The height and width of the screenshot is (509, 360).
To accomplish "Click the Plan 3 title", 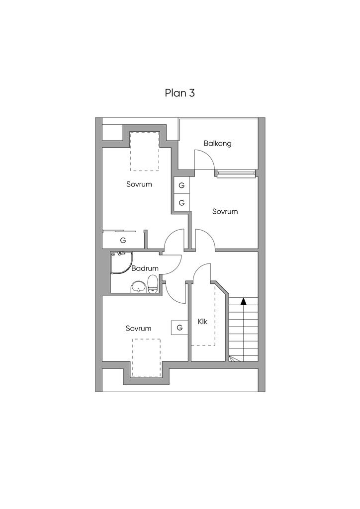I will (180, 93).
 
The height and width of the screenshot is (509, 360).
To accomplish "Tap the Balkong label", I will (217, 144).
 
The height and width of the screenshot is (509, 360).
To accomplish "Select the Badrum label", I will (145, 268).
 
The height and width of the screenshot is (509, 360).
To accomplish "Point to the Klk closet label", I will (202, 322).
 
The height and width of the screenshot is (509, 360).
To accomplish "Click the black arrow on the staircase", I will (243, 301).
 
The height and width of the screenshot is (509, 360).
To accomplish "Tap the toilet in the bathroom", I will (153, 285).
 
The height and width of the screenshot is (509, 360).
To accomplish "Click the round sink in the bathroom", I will (138, 287).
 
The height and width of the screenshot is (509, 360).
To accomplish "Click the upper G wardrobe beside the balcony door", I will (181, 185).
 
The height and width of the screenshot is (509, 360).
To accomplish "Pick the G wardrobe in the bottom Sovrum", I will (180, 328).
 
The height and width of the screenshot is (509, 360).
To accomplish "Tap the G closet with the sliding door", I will (123, 240).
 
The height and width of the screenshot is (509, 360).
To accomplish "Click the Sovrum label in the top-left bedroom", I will (139, 184).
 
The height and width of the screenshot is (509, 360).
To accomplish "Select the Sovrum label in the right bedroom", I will (225, 211).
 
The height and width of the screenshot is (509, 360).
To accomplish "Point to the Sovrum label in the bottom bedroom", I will (138, 329).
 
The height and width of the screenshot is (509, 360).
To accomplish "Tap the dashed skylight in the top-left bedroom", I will (144, 151).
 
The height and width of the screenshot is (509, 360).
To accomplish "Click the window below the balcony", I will (236, 173).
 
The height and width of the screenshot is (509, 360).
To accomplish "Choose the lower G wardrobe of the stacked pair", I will (181, 203).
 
